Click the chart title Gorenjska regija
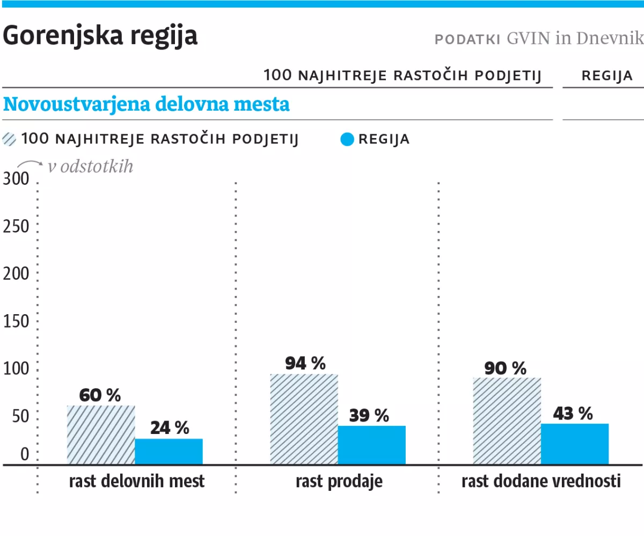pos(100,36)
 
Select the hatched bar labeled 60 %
pos(101,434)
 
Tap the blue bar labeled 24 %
pos(169,451)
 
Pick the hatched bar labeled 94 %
pos(304,419)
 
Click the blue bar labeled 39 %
pos(371,445)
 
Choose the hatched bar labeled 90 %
pos(507,421)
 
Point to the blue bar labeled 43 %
pos(574,444)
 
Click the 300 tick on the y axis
pos(16,179)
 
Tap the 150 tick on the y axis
pos(16,322)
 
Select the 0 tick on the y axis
pos(25,455)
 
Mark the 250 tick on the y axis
pos(16,227)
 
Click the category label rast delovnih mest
pos(137,481)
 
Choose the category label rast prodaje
pos(339,481)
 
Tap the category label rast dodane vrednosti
pos(541,481)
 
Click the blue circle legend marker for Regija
pos(347,139)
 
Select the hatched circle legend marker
pos(10,139)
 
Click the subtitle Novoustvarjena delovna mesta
pos(146,104)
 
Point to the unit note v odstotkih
pos(90,167)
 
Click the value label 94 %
pos(305,364)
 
